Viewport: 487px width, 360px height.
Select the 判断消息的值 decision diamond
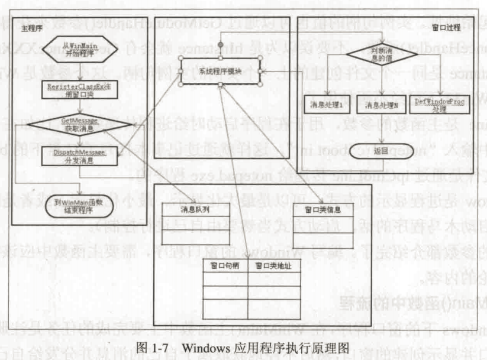(x=379, y=54)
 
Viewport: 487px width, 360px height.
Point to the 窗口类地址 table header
(x=272, y=265)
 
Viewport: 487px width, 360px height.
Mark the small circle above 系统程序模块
(x=220, y=45)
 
